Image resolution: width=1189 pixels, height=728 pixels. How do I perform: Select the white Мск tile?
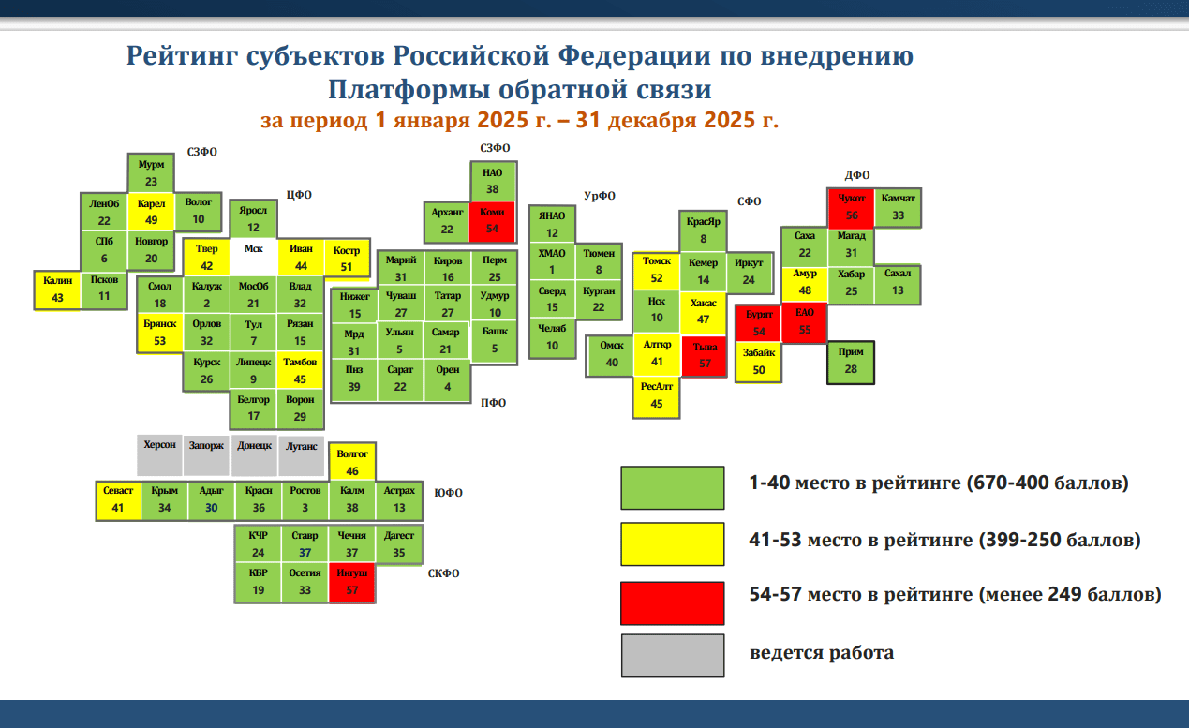coord(254,258)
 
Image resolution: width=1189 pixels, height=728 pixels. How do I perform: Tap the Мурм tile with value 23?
coord(151,173)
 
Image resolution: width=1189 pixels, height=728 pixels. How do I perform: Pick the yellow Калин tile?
coord(57,290)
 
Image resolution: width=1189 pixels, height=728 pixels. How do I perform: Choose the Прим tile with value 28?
coord(851,363)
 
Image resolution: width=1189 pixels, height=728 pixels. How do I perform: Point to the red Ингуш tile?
coord(351,582)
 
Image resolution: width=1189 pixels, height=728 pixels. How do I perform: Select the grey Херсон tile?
coord(159,454)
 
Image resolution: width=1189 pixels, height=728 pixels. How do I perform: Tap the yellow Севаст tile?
coord(118,500)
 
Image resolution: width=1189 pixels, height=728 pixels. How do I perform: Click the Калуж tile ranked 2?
coord(206,295)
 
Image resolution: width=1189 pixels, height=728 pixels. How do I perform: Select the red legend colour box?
coord(672,602)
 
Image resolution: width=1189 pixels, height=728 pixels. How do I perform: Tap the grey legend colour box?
coord(672,655)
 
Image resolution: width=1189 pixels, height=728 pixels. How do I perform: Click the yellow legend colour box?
coord(672,543)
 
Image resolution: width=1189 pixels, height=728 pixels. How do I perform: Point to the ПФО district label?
coord(493,403)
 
